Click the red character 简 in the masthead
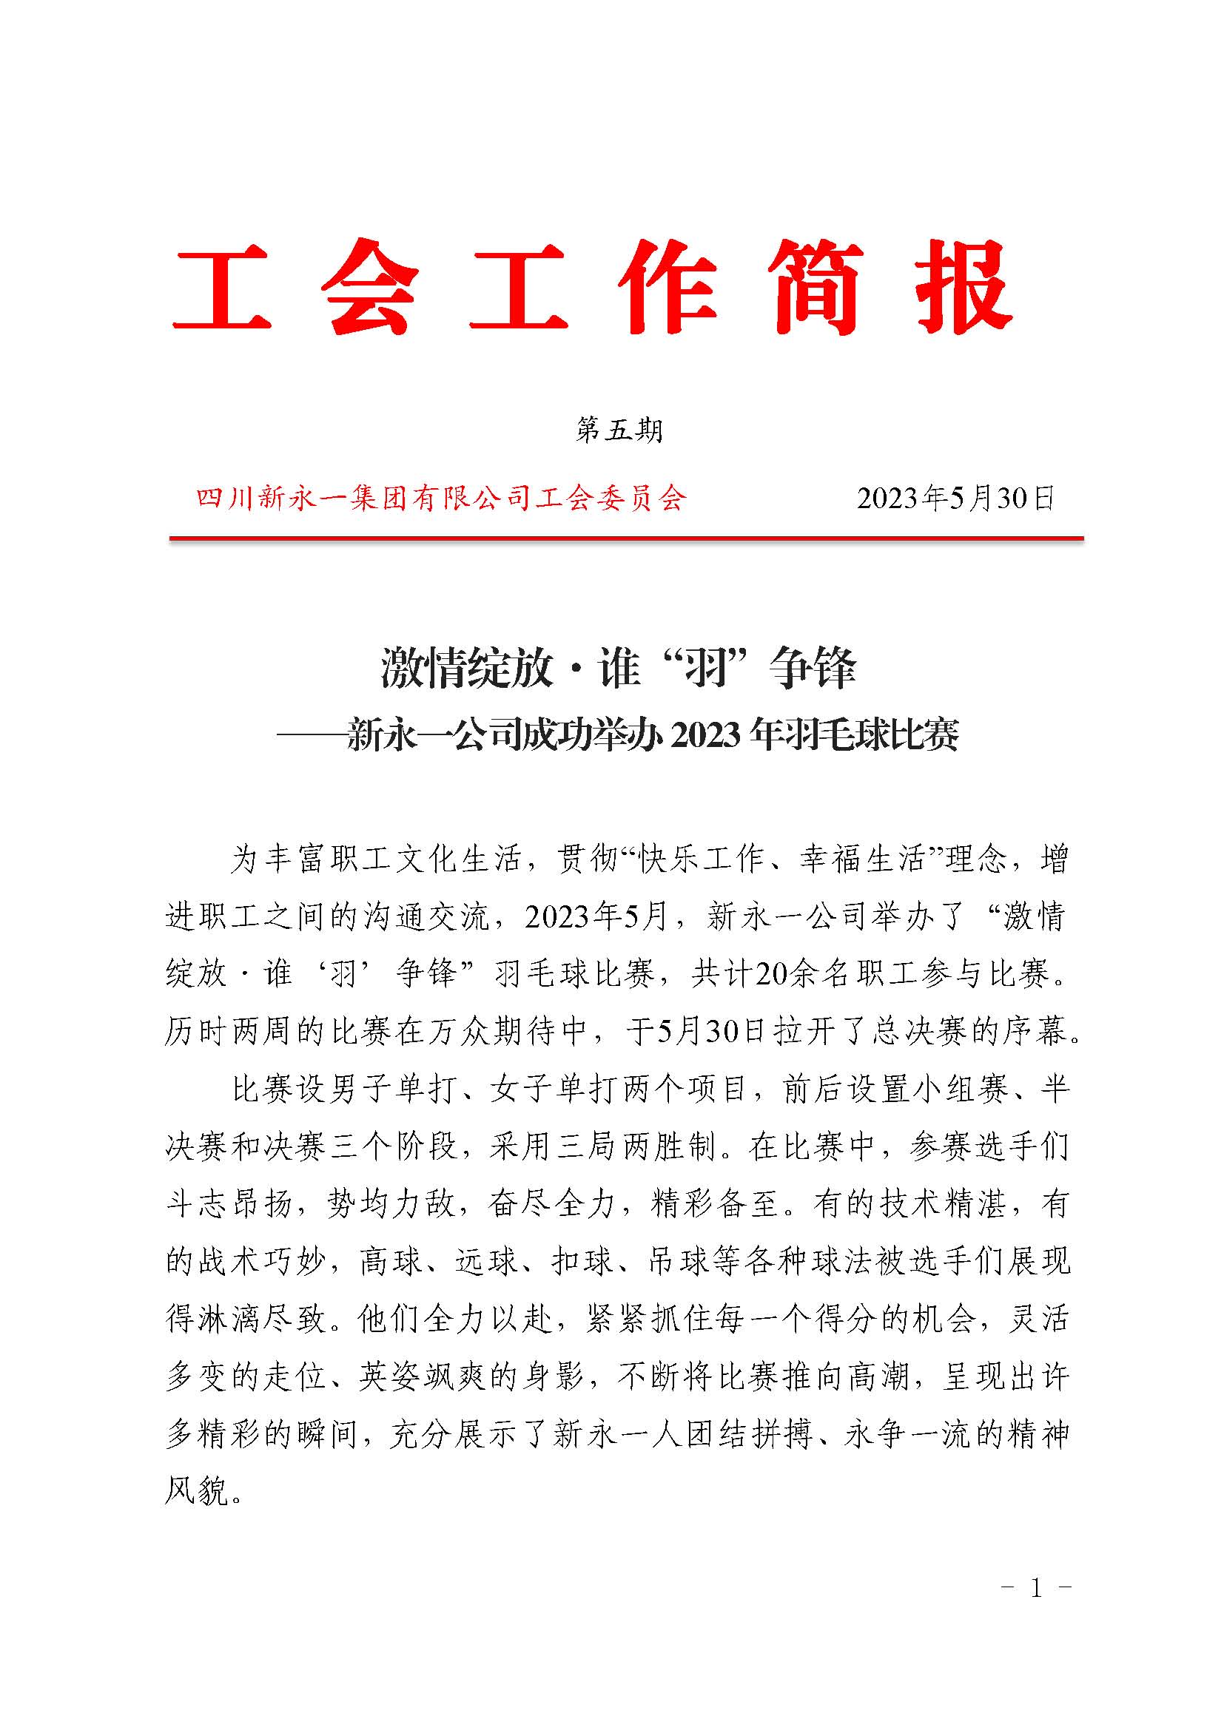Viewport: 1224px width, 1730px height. pos(816,287)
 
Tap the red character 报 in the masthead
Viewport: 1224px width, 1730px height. pos(964,287)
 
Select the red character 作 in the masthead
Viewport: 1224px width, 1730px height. pos(668,287)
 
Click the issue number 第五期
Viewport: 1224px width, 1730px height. pos(619,430)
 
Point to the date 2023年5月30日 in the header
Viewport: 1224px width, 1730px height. pos(955,499)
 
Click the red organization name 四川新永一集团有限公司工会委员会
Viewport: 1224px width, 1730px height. pos(441,499)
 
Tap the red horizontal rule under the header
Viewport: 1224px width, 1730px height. pos(625,538)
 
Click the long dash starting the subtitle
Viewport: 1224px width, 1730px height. pos(311,735)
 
